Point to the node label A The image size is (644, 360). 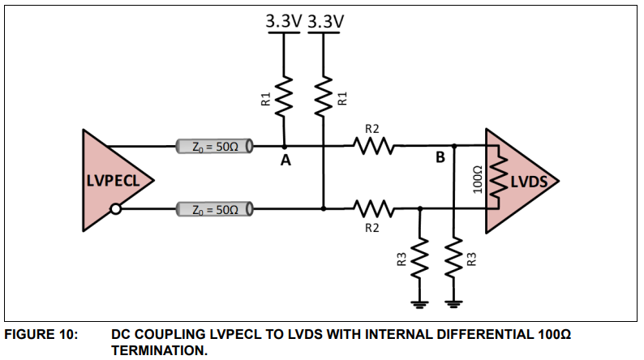[x=285, y=161]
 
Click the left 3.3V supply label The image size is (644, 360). [x=284, y=22]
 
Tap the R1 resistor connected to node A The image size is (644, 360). [x=285, y=98]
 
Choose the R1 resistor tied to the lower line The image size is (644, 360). [x=324, y=98]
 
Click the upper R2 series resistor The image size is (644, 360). [x=373, y=148]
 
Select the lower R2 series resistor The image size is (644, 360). [x=373, y=209]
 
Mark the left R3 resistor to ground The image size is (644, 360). [x=419, y=259]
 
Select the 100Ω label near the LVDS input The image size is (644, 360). [x=477, y=179]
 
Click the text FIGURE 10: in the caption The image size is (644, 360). [x=40, y=334]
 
